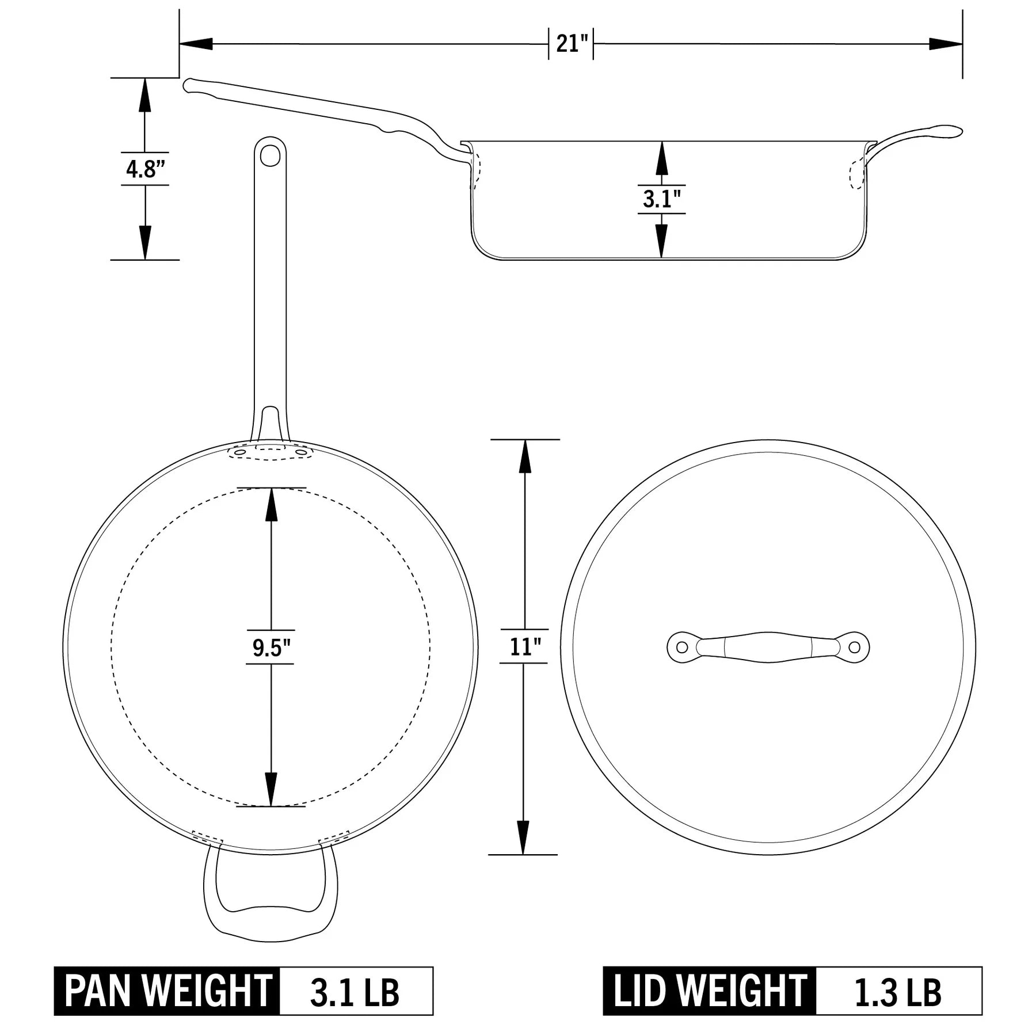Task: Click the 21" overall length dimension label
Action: (x=571, y=44)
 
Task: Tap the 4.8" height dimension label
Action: (x=145, y=169)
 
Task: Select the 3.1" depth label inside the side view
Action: (x=661, y=199)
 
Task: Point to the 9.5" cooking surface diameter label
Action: (x=271, y=647)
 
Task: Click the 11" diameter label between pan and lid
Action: (x=524, y=646)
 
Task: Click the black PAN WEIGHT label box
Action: (x=167, y=991)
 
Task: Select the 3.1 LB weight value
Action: (x=355, y=991)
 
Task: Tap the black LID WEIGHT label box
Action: (x=710, y=991)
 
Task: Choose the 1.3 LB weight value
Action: (x=898, y=991)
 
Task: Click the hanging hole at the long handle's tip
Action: (x=270, y=155)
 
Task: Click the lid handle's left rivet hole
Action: (x=682, y=647)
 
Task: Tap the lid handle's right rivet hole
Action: (x=855, y=647)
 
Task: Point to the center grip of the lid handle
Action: (x=768, y=647)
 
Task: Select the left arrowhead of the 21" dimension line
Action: (x=196, y=44)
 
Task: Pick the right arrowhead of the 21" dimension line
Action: (x=946, y=44)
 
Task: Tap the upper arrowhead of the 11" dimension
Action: (x=524, y=458)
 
